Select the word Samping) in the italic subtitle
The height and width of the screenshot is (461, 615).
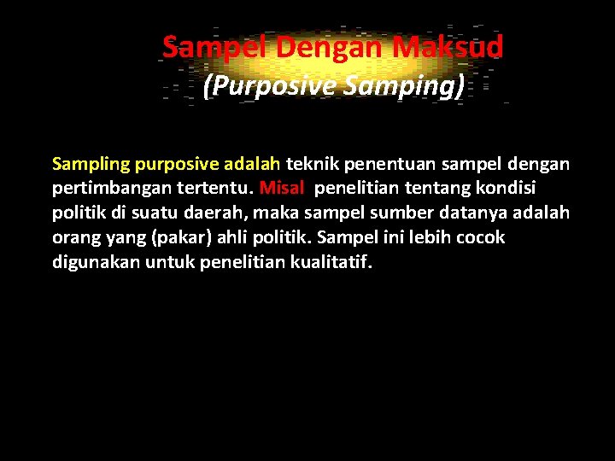tap(419, 86)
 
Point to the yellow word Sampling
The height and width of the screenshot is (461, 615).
tap(91, 164)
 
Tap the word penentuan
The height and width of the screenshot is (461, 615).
tap(385, 164)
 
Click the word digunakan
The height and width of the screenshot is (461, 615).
tap(92, 262)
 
